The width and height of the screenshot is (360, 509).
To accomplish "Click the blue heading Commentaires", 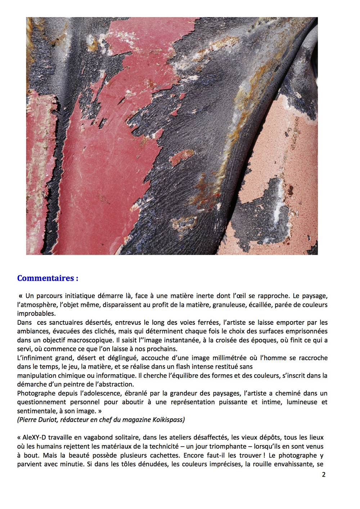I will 48,278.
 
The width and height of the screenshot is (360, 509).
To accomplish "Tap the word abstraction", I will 116,384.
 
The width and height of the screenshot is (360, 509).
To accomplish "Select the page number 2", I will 324,474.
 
